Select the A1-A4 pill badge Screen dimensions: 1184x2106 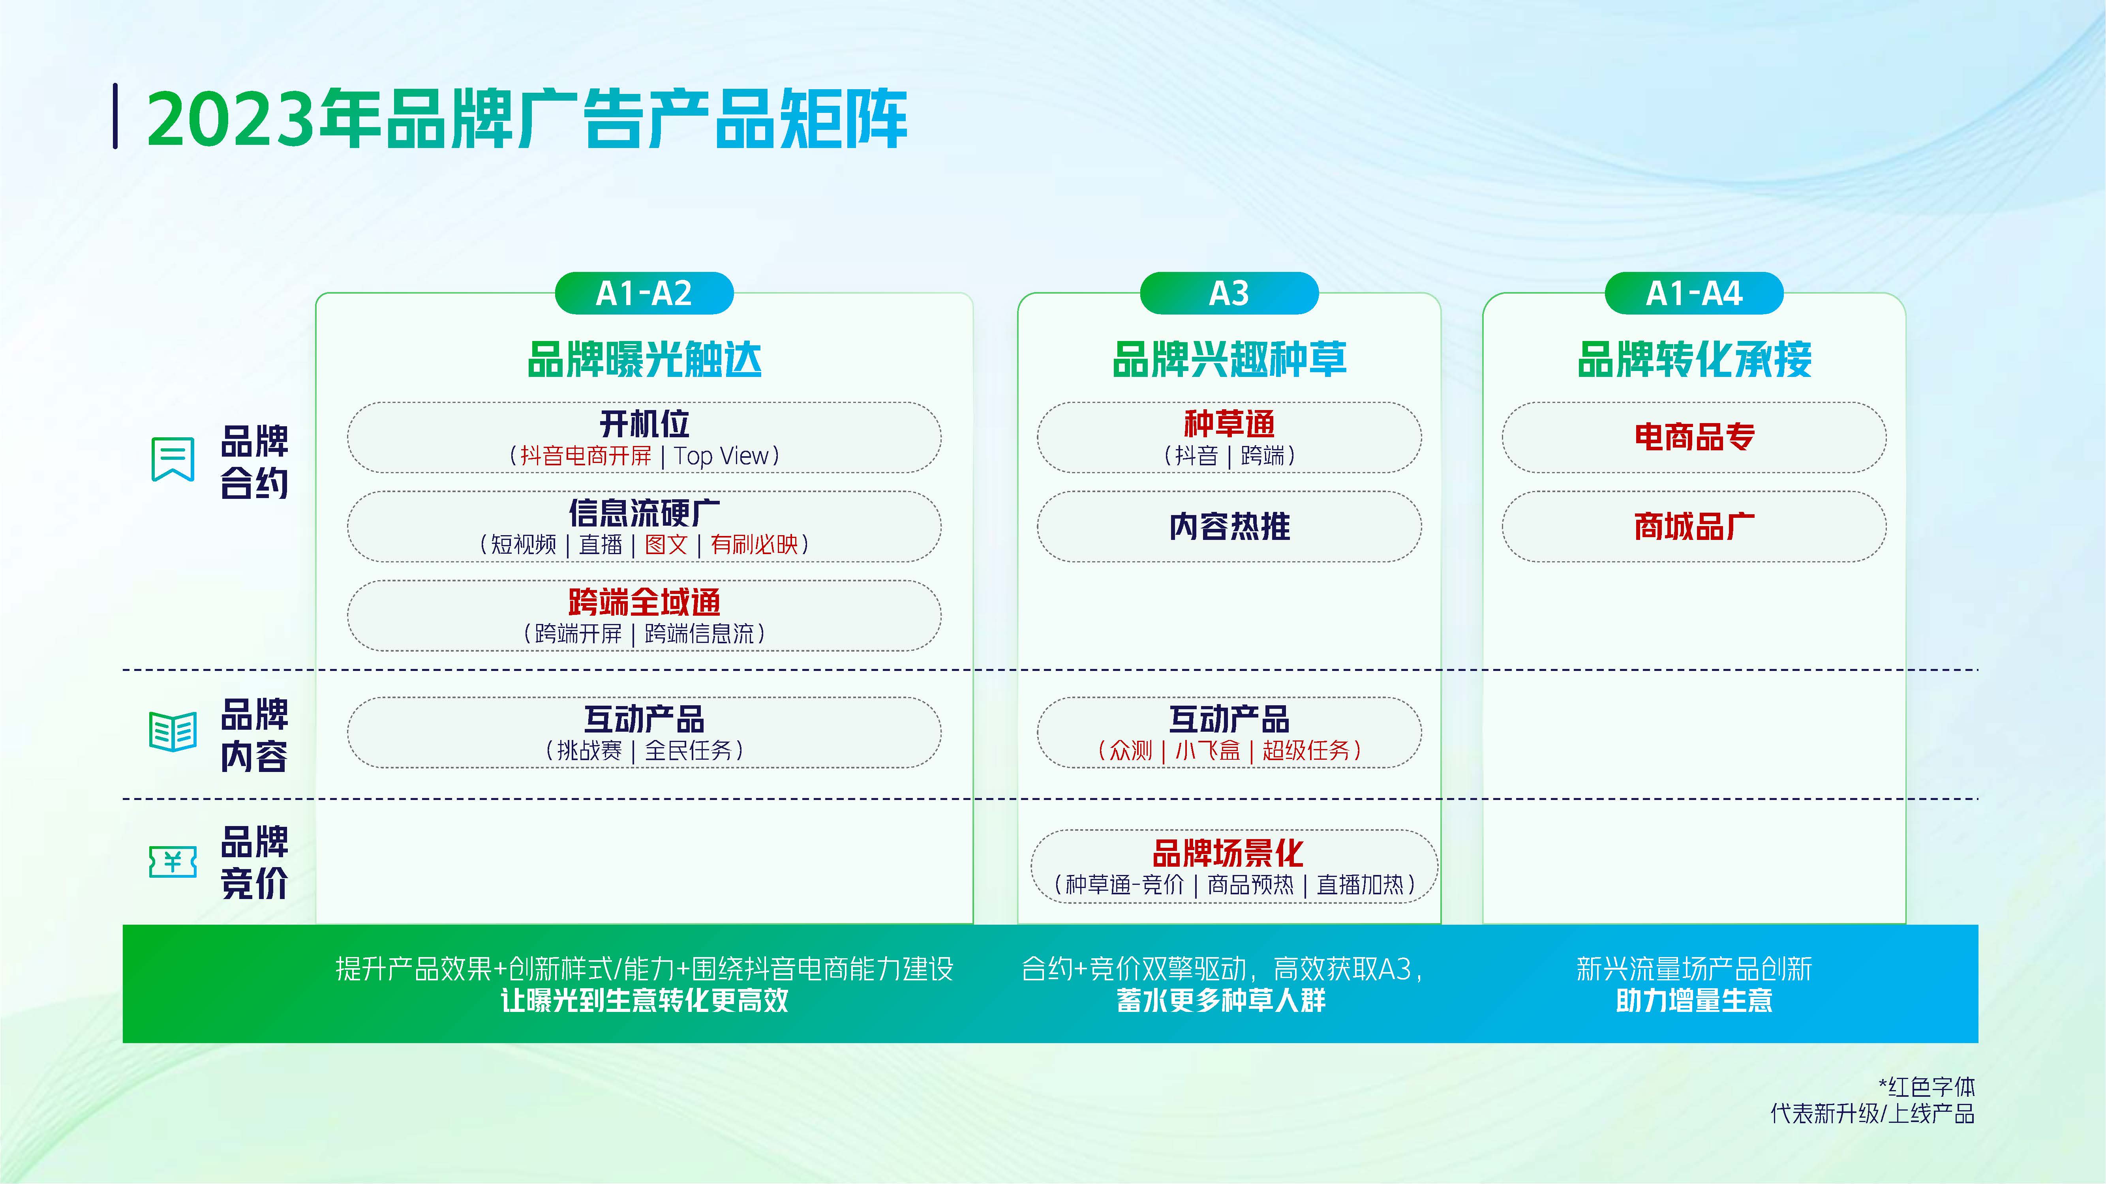(1694, 293)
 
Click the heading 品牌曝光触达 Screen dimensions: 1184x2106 (644, 360)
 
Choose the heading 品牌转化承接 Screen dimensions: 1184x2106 (1694, 360)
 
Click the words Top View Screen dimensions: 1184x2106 (721, 456)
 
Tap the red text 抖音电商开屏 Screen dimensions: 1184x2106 (586, 456)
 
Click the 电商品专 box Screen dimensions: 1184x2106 (1694, 437)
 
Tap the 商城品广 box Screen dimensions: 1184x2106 (1694, 526)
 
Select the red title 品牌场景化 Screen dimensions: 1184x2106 (1228, 853)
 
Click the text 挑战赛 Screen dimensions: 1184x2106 (589, 750)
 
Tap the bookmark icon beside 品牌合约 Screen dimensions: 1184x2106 (173, 459)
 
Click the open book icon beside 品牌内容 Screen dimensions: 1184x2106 (173, 731)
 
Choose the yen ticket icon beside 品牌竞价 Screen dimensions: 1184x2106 (173, 861)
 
